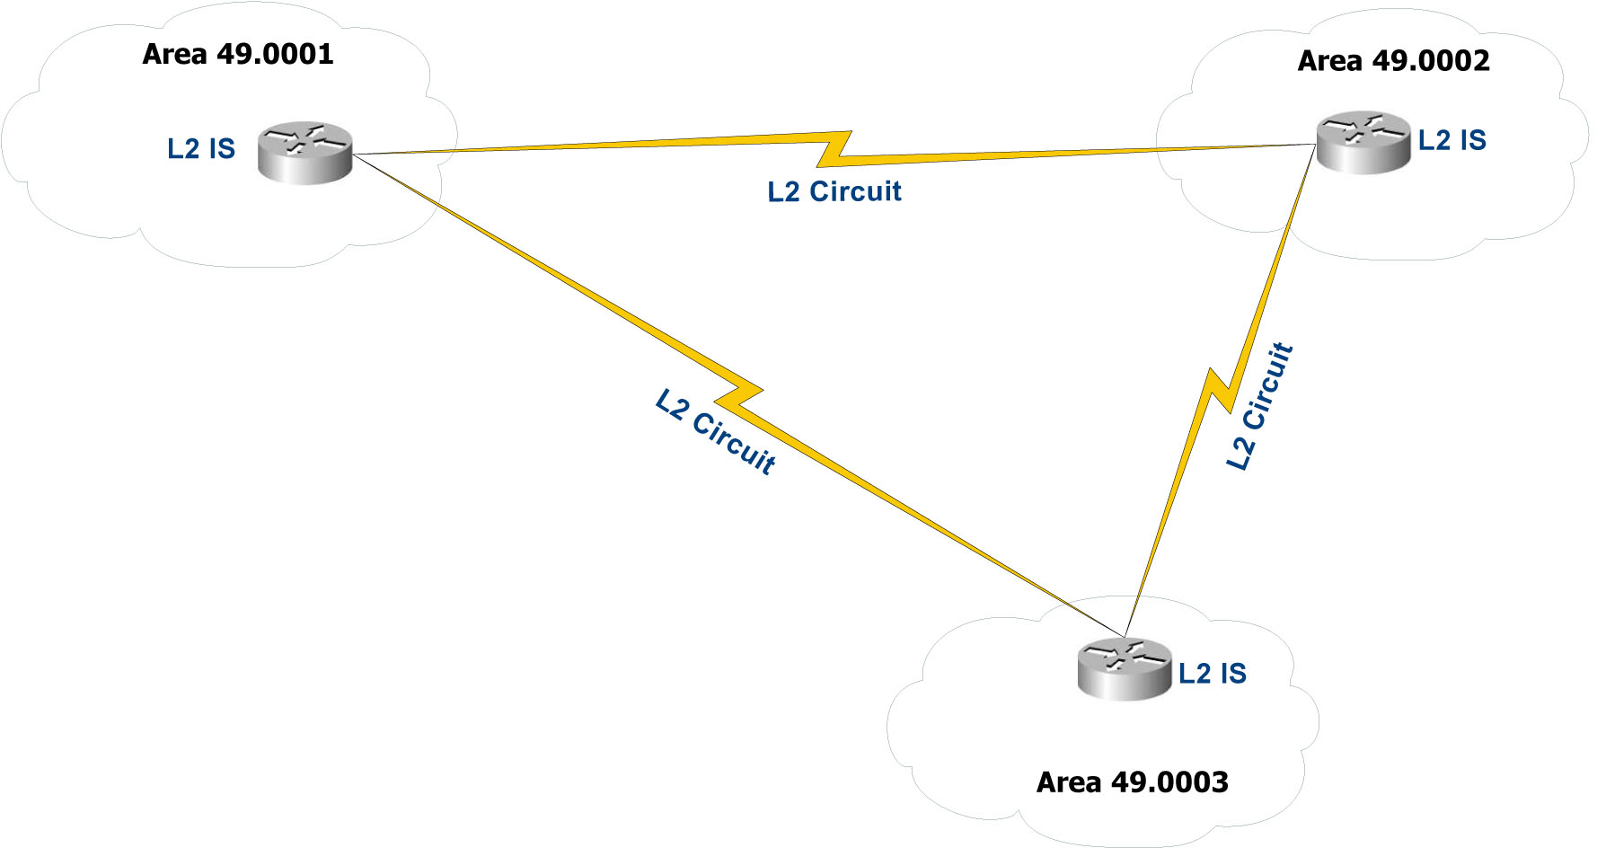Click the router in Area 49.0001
[304, 154]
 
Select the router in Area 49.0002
[1363, 142]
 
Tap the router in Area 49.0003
[1124, 668]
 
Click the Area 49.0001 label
[238, 54]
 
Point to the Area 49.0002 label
[1393, 61]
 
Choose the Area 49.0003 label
[1132, 782]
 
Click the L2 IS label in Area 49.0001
[201, 148]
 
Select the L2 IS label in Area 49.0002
[1451, 140]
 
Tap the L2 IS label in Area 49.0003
[1212, 674]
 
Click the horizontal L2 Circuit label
[834, 191]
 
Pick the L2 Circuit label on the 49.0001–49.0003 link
[715, 431]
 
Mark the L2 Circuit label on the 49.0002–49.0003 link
[1259, 406]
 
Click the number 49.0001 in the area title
[275, 54]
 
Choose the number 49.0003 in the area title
[1169, 782]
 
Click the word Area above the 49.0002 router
[1329, 61]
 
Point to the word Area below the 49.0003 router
[1069, 782]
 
